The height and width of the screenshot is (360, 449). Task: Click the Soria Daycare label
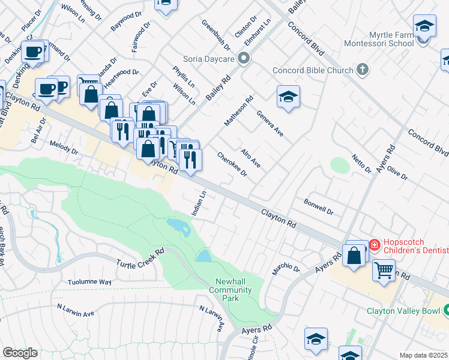pos(207,59)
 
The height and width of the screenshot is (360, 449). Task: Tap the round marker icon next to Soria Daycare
pos(243,59)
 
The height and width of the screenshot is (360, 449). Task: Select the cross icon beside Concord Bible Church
pos(362,70)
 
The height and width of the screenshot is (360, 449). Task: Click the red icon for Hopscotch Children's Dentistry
pos(375,244)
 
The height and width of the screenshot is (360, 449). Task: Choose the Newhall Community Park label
pos(230,290)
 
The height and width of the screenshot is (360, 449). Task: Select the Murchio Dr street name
pos(285,268)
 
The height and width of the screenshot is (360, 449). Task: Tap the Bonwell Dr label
pos(318,206)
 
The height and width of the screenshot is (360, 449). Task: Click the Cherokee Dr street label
pos(232,164)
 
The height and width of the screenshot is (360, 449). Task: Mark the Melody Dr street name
pos(64,148)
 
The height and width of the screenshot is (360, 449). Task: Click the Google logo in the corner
pos(20,353)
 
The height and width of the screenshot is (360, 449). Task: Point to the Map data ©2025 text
pos(423,355)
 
